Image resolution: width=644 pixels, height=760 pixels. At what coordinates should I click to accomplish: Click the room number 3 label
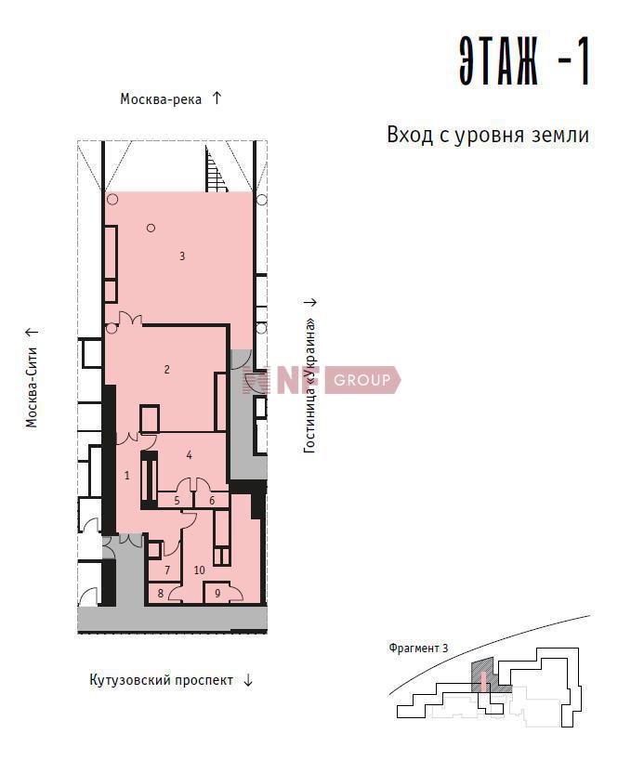pos(182,256)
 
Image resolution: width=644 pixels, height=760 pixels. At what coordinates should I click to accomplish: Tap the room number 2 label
pos(167,370)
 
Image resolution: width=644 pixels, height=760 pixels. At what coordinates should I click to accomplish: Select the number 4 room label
pos(190,454)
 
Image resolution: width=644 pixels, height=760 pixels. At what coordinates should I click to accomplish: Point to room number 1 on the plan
pos(127,475)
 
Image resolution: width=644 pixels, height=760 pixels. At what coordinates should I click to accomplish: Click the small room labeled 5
pos(177,500)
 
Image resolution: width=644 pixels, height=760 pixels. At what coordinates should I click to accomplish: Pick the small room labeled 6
pos(212,500)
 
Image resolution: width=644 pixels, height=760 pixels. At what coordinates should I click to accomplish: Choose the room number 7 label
pos(167,570)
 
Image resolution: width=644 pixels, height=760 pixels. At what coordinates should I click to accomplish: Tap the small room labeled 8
pos(161,594)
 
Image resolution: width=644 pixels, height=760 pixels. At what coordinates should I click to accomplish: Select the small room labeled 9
pos(217,594)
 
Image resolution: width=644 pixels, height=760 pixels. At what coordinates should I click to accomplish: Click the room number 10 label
pos(199,570)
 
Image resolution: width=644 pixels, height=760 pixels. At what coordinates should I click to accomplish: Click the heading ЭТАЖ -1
pos(524,61)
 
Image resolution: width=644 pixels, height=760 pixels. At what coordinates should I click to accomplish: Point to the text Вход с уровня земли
pos(488,136)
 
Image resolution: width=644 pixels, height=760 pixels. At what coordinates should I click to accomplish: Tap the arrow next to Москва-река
pos(217,98)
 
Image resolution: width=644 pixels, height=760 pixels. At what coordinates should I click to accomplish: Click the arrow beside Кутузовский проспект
pos(248,680)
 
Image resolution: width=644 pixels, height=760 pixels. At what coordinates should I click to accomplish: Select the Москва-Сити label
pos(32,387)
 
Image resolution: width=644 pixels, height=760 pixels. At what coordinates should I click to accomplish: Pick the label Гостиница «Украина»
pos(309,386)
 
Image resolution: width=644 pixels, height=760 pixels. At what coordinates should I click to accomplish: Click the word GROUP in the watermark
pos(361,380)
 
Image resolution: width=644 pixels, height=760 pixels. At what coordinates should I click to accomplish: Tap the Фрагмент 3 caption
pos(418,648)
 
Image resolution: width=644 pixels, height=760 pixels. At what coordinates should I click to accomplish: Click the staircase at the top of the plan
pos(215,170)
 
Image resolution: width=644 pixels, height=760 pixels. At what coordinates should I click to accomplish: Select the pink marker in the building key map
pos(483,681)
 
